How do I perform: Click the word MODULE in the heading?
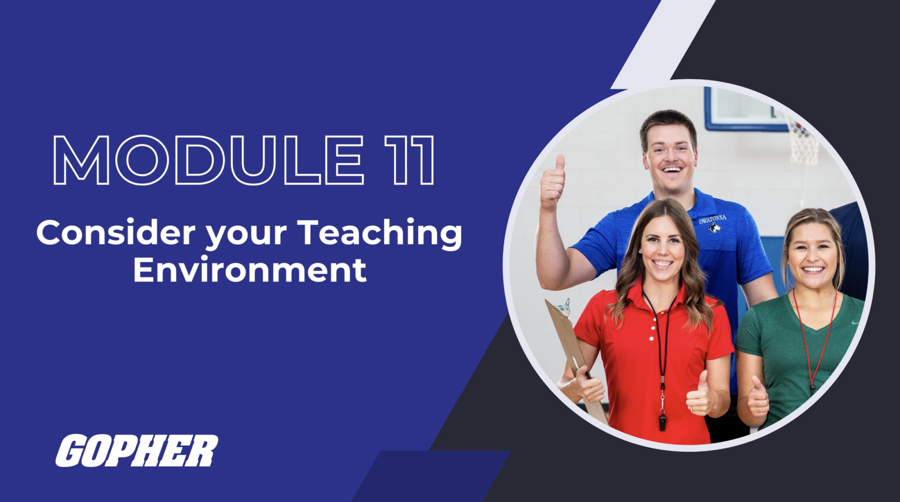pyautogui.click(x=209, y=160)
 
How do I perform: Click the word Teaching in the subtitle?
pyautogui.click(x=380, y=233)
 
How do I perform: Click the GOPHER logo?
pyautogui.click(x=137, y=451)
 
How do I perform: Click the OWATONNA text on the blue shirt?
pyautogui.click(x=712, y=219)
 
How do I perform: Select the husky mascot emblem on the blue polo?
pyautogui.click(x=715, y=228)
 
